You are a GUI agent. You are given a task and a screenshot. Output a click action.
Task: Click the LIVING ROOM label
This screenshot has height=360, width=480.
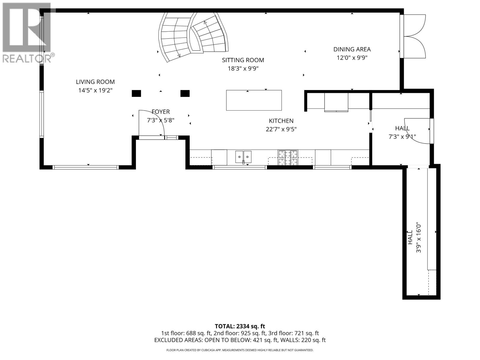click(x=95, y=82)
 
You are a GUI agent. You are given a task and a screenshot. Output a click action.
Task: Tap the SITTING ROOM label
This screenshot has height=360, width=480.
click(x=243, y=60)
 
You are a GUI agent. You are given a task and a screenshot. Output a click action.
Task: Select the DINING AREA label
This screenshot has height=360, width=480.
click(x=352, y=49)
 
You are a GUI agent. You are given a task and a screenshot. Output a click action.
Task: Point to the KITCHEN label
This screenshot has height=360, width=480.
click(x=281, y=121)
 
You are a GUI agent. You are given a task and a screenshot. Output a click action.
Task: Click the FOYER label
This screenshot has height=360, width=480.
click(x=161, y=112)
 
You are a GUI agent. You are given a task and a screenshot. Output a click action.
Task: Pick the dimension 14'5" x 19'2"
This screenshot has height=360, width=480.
click(x=95, y=90)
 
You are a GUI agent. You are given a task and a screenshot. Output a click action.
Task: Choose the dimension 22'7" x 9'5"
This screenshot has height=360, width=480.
click(x=281, y=129)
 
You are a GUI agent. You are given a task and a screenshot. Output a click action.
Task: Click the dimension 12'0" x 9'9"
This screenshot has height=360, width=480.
click(x=352, y=58)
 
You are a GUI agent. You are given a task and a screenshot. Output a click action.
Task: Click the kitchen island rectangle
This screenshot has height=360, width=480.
click(x=254, y=100)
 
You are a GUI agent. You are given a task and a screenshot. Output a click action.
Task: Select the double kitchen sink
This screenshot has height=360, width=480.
click(x=243, y=157)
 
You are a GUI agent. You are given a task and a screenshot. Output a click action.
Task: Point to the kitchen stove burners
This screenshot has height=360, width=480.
click(x=288, y=157)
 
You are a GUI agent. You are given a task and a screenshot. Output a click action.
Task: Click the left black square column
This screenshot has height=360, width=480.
click(x=136, y=94)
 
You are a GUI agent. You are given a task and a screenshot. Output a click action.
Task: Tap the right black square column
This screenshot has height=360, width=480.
click(x=185, y=94)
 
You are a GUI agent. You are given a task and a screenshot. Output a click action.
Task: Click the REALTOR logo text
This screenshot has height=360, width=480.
click(x=28, y=58)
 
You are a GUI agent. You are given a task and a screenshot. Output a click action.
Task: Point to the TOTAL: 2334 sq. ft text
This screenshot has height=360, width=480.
click(x=240, y=326)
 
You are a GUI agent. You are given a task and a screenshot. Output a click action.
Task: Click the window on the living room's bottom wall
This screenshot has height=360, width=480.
click(x=85, y=167)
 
